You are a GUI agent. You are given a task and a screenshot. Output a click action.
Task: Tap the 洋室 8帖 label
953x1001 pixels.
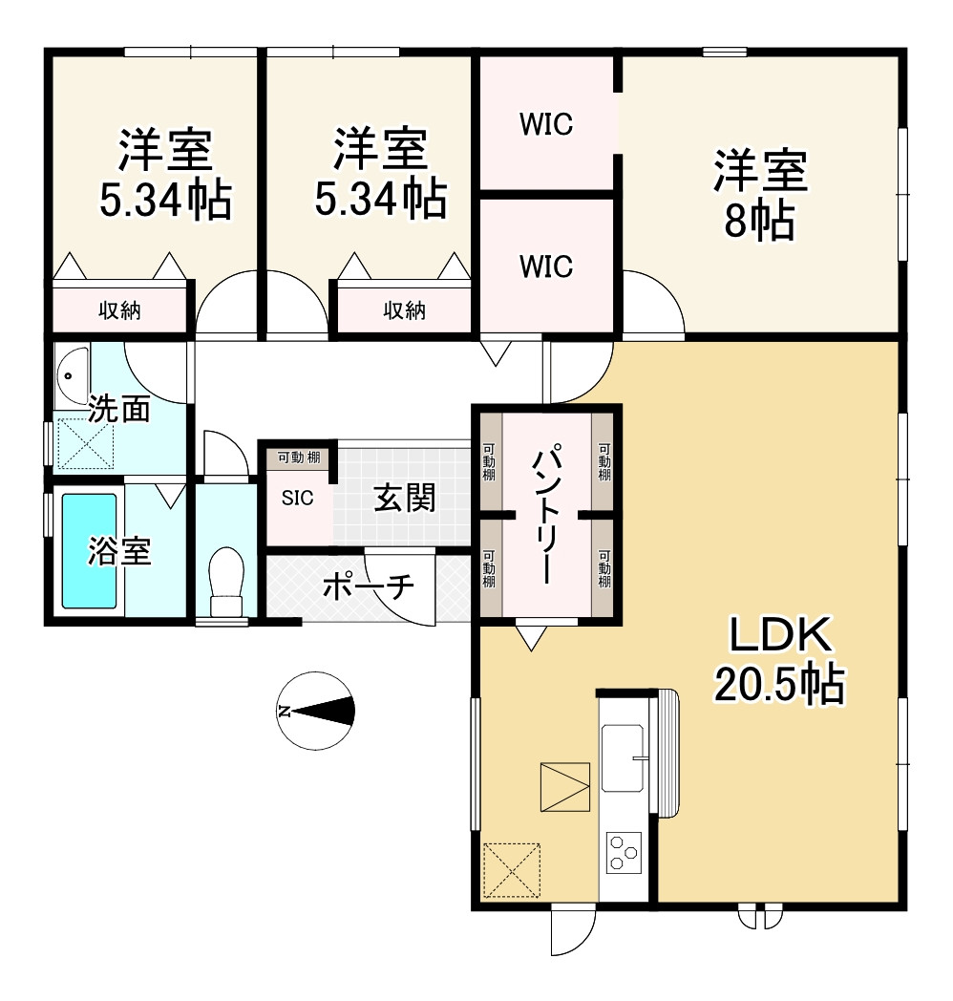pos(759,194)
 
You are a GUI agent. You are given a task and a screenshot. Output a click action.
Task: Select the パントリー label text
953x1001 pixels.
pos(546,514)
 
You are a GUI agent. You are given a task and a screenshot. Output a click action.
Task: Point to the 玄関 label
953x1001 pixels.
pos(405,498)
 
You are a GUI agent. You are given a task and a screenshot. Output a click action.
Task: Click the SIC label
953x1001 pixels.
pos(297,498)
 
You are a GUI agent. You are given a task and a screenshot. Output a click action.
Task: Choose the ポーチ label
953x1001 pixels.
pos(369,586)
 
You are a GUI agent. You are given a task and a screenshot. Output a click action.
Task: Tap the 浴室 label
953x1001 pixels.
pos(119,551)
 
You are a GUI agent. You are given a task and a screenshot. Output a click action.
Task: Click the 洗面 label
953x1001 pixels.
pos(119,409)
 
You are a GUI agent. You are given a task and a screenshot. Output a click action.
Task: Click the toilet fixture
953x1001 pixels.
pos(226,580)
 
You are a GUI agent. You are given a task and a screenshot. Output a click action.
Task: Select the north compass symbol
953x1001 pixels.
pos(316,711)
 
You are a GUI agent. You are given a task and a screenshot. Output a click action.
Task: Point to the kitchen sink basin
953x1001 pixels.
pos(623,757)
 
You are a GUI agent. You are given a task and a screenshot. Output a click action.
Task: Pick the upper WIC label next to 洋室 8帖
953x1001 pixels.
pos(546,124)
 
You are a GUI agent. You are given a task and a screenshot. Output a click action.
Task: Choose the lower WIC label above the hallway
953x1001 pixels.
pos(546,266)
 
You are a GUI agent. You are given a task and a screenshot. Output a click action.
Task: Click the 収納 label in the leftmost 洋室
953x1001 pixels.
pos(119,310)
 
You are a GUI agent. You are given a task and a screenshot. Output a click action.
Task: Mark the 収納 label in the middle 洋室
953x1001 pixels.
pos(405,310)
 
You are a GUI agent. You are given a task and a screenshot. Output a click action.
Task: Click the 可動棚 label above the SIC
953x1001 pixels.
pos(299,458)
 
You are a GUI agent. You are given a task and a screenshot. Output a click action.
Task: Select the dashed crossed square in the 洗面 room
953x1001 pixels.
pos(86,443)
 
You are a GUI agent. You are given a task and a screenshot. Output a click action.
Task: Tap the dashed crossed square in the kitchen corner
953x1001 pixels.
pos(512,870)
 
